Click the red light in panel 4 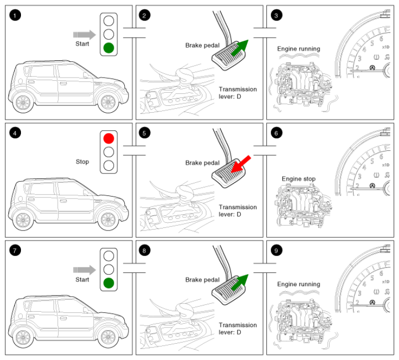[109, 138]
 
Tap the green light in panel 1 [109, 48]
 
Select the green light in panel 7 [109, 283]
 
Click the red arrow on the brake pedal [241, 164]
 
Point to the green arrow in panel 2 [240, 48]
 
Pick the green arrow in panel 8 [240, 282]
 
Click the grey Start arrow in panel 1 [84, 35]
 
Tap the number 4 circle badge [15, 133]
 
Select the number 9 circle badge [276, 250]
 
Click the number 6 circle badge [276, 133]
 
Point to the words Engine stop [298, 179]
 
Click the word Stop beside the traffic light [82, 162]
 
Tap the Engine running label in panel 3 [298, 49]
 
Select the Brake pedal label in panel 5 [202, 163]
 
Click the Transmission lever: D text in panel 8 [238, 329]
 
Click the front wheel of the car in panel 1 [108, 102]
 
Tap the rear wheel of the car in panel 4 [23, 220]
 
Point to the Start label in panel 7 [82, 280]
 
